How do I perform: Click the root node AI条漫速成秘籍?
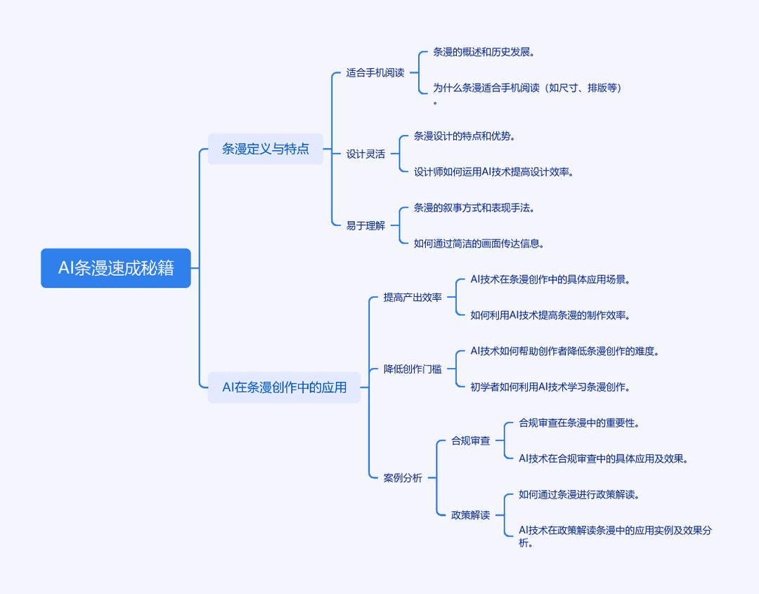pos(116,268)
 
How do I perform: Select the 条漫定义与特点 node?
pos(265,149)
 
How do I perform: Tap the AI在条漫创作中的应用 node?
pos(284,388)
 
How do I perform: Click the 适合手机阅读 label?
pos(375,73)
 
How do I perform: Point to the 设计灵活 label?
pos(365,154)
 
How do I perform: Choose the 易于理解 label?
pos(365,226)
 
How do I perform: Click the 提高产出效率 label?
pos(413,298)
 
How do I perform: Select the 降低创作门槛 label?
pos(413,369)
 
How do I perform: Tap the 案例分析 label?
pos(403,478)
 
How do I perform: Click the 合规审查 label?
pos(470,441)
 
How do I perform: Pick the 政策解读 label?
pos(470,515)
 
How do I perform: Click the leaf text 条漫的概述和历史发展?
pos(484,52)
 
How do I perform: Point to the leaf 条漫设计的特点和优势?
pos(465,136)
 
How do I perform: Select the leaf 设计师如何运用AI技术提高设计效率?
pos(493,172)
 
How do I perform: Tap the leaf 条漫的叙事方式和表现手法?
pos(474,208)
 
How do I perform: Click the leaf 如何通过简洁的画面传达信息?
pos(479,244)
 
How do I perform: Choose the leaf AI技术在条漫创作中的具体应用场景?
pos(550,279)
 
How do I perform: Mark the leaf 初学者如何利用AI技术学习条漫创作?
pos(550,387)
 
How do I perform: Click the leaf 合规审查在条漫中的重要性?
pos(579,423)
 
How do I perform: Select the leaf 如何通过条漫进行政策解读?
pos(579,494)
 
